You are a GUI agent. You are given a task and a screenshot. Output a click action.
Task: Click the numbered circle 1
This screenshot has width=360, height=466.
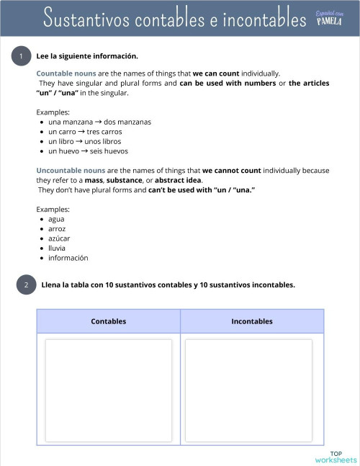pyautogui.click(x=22, y=56)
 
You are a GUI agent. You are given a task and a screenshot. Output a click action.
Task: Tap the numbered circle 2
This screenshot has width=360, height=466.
pyautogui.click(x=26, y=285)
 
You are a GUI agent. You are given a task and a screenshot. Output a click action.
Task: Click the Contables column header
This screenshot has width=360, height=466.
pyautogui.click(x=109, y=321)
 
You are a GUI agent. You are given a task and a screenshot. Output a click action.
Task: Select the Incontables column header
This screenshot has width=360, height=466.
pyautogui.click(x=252, y=321)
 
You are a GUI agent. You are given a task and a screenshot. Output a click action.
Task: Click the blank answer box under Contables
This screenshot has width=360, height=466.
pyautogui.click(x=109, y=389)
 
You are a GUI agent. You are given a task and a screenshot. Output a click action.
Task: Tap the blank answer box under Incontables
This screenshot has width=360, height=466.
pyautogui.click(x=248, y=389)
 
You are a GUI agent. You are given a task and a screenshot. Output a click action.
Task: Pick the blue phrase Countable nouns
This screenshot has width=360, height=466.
pyautogui.click(x=66, y=73)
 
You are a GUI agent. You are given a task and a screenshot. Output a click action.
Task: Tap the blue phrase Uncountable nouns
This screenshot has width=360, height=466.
pyautogui.click(x=71, y=171)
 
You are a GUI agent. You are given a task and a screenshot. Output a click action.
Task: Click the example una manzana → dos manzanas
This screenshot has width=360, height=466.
pyautogui.click(x=99, y=122)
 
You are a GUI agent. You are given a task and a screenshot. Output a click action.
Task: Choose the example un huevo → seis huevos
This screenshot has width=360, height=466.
pyautogui.click(x=88, y=151)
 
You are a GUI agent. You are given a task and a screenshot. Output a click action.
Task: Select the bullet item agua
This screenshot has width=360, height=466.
pyautogui.click(x=56, y=219)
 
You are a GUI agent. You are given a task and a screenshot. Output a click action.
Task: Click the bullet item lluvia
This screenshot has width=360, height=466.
pyautogui.click(x=57, y=248)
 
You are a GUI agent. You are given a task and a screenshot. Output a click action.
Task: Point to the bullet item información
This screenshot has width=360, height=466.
pyautogui.click(x=68, y=258)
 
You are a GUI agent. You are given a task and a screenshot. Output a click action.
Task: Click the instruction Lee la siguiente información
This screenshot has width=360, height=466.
pyautogui.click(x=87, y=56)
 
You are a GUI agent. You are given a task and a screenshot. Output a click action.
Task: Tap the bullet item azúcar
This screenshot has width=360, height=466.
pyautogui.click(x=59, y=238)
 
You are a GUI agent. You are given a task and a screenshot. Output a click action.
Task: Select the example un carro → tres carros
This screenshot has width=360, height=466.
pyautogui.click(x=85, y=132)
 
